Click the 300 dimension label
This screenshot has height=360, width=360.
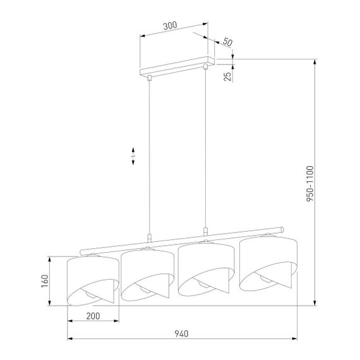(x=169, y=27)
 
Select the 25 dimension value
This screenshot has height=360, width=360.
(x=227, y=76)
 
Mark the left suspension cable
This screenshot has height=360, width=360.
(x=149, y=158)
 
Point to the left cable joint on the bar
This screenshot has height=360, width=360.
(x=149, y=238)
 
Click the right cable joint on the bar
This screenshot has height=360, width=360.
(x=205, y=231)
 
